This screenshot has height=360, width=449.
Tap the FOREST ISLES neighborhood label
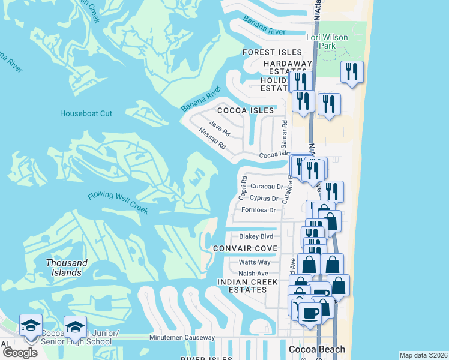pyautogui.click(x=272, y=53)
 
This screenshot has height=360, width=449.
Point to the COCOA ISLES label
pyautogui.click(x=246, y=110)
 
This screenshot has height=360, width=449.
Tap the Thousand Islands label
pyautogui.click(x=66, y=268)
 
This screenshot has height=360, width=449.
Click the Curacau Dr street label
pyautogui.click(x=267, y=187)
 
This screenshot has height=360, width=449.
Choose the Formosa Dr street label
pyautogui.click(x=258, y=210)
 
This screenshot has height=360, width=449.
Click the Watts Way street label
pyautogui.click(x=255, y=262)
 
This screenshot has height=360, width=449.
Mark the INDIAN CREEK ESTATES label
pyautogui.click(x=247, y=286)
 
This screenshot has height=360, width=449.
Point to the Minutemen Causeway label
pyautogui.click(x=182, y=338)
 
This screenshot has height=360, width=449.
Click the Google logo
pyautogui.click(x=20, y=352)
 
